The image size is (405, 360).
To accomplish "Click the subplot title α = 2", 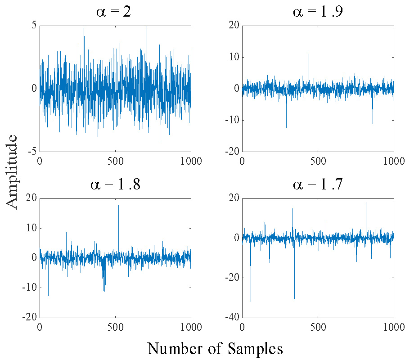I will coord(114,12).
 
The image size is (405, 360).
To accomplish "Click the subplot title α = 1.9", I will coord(318,12).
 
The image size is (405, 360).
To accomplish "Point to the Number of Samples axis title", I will coord(215,348).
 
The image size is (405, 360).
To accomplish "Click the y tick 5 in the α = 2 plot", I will coord(34,26).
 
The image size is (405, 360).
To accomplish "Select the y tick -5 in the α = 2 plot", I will coord(32,152).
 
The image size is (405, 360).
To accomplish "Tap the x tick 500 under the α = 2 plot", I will coord(115,161).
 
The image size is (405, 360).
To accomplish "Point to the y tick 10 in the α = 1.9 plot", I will coord(233,57).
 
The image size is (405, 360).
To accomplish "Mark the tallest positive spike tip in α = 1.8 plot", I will coord(118,205).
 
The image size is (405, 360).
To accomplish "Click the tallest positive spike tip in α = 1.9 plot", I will coord(309,54).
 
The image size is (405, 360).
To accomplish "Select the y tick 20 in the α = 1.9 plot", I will coord(233,26).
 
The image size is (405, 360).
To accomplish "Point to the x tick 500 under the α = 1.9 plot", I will coord(318,161).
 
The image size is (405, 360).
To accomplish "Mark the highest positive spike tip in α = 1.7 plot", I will coord(366,202).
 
